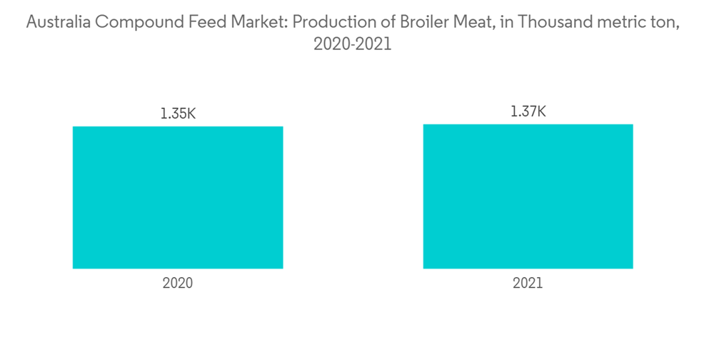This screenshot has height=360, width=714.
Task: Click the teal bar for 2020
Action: point(178,197)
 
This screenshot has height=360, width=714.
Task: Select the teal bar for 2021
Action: point(528,196)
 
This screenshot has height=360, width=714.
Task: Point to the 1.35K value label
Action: point(178,113)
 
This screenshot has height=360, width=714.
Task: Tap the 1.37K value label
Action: point(528,111)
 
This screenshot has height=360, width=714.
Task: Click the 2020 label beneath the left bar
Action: point(178,283)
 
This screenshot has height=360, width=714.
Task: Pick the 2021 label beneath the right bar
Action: point(528,283)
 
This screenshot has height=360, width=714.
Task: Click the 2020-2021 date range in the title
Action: point(353,44)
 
